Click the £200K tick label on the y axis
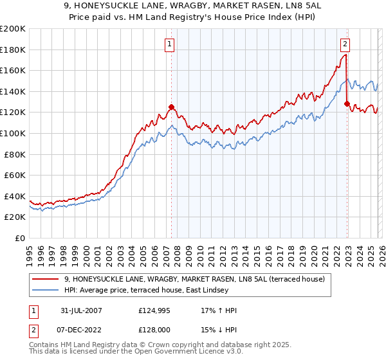point(13,29)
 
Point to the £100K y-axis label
point(13,133)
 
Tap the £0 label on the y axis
point(21,238)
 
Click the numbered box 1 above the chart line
point(169,44)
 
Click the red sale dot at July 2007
point(172,107)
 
